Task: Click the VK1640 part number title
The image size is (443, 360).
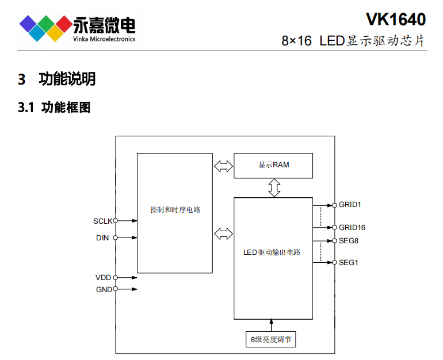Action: point(395,19)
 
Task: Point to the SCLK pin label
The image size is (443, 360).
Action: point(102,221)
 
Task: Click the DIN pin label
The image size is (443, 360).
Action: point(102,238)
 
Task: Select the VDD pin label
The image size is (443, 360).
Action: point(104,278)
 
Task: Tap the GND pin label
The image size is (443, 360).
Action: point(104,289)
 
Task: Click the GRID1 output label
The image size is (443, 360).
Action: point(350,205)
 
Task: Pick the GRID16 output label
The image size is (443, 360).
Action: point(352,227)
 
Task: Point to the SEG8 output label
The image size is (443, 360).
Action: point(349,240)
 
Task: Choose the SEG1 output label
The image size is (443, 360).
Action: point(349,263)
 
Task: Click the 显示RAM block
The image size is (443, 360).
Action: point(273,165)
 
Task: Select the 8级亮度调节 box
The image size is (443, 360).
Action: point(270,339)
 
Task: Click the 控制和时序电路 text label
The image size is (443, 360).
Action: point(175,210)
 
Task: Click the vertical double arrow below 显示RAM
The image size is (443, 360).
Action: point(274,187)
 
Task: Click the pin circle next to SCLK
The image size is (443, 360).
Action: point(116,221)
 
